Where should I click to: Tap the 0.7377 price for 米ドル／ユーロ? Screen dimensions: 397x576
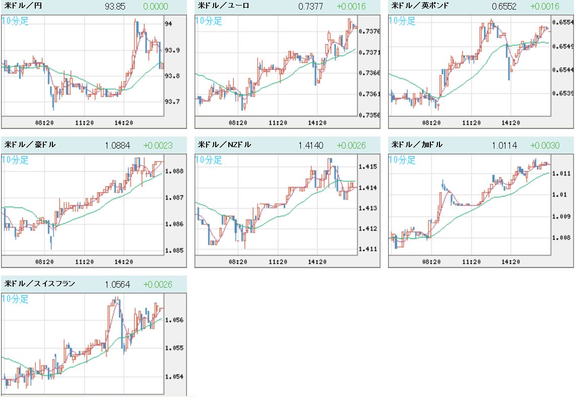pos(307,7)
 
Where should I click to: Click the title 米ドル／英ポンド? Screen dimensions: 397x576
pos(420,7)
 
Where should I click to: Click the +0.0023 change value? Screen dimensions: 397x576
pos(158,146)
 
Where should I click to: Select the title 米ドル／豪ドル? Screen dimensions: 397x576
pos(30,145)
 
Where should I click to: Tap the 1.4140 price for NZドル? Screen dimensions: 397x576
pos(307,146)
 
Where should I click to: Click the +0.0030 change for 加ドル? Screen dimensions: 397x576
pos(545,146)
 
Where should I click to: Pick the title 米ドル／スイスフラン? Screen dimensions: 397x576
pos(40,284)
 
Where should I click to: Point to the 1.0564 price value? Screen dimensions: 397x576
pos(117,285)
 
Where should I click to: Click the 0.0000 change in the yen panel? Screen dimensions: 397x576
pos(156,7)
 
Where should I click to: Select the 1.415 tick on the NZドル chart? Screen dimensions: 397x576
pos(366,167)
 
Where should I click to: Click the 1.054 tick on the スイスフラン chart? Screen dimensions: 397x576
pos(173,377)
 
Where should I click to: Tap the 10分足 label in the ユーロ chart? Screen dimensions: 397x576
pos(209,21)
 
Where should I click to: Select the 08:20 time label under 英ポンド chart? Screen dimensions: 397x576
pos(431,122)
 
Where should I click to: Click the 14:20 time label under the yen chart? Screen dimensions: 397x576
pos(124,122)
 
